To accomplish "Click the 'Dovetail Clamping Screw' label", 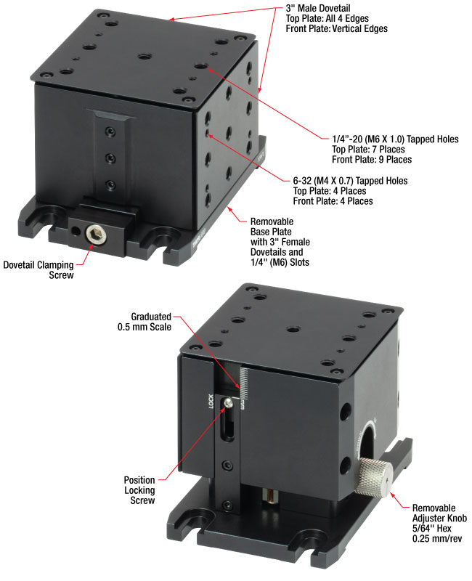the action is [38, 269].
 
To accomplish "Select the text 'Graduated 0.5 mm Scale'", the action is [145, 322].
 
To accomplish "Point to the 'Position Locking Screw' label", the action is [139, 489].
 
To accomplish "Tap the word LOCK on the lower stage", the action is [211, 402].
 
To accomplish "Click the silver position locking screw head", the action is [229, 402].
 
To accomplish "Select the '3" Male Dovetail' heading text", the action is [318, 8].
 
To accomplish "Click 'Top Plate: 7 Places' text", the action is [368, 150].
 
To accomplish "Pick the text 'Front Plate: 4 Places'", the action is [333, 201].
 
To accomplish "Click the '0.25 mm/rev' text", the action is [437, 538].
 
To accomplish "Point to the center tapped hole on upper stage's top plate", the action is [145, 57].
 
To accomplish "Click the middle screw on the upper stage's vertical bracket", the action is [110, 158].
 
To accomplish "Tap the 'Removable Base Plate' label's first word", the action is [272, 222].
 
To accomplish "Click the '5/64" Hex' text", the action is [431, 529].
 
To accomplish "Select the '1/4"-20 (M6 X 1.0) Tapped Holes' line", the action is [395, 139].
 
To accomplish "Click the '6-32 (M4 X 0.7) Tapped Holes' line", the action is [350, 181].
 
